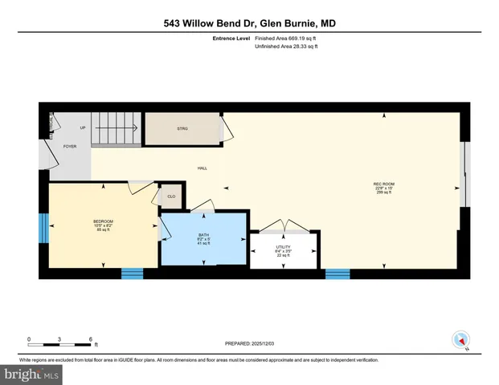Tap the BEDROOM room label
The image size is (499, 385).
[103, 221]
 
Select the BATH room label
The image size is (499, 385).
[202, 234]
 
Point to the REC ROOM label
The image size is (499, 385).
[383, 184]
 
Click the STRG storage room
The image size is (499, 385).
[182, 128]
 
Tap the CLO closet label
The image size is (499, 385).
[171, 196]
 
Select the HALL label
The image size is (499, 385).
[203, 168]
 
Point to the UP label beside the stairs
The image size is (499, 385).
[82, 128]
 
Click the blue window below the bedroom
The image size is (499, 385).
[132, 274]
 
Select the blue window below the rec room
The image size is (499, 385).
[337, 274]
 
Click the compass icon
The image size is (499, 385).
[460, 340]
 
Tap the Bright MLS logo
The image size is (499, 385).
[31, 375]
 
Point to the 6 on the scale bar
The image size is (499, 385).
[91, 338]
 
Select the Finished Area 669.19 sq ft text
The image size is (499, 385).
[285, 37]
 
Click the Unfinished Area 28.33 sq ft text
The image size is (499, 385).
[287, 47]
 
